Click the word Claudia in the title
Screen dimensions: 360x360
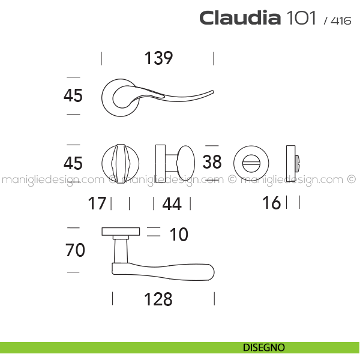[x=240, y=17]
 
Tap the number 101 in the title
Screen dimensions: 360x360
[x=301, y=17]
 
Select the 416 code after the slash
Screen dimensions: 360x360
[x=341, y=20]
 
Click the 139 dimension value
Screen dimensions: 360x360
[x=158, y=58]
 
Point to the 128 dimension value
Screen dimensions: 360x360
[x=158, y=299]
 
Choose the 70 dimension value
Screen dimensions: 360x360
[x=75, y=250]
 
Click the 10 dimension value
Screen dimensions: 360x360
[x=179, y=235]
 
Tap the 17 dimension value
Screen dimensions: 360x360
[x=97, y=203]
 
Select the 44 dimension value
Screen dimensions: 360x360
[x=172, y=203]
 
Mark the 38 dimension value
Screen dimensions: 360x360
[x=212, y=161]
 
